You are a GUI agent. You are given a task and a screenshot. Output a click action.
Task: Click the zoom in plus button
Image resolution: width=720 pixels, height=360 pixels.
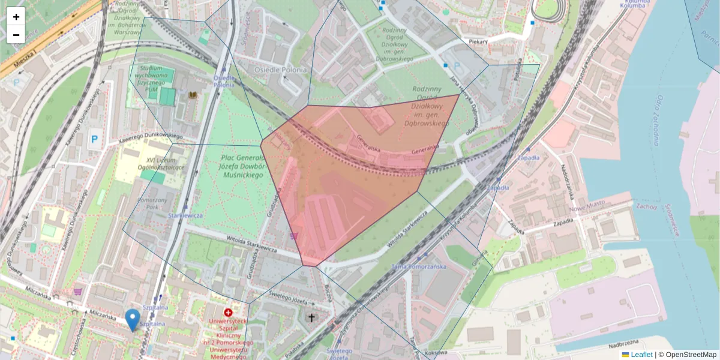16,17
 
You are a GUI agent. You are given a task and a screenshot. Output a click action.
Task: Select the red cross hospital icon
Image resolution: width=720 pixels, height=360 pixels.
228,313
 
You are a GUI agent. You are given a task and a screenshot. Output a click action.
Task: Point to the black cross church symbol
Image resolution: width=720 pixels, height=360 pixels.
311,317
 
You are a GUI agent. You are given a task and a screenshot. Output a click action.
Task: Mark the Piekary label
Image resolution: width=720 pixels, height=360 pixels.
478,41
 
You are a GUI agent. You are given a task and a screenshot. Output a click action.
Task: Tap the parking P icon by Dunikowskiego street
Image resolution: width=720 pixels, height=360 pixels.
94,139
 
